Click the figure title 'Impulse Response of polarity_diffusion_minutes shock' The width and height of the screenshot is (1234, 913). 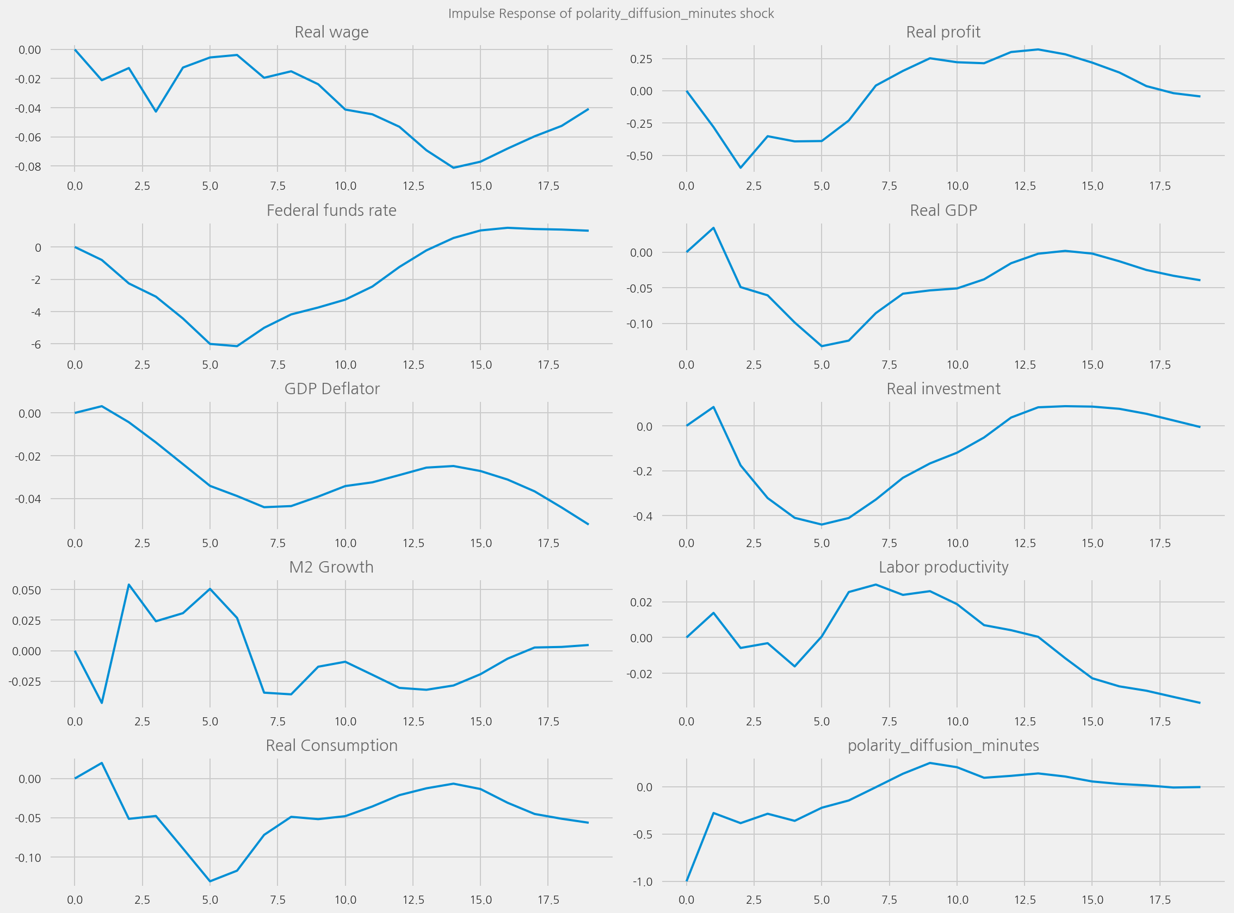click(611, 13)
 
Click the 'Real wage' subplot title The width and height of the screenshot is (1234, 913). click(331, 32)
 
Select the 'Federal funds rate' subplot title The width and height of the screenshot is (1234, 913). click(331, 210)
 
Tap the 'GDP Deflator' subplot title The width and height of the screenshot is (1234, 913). click(332, 389)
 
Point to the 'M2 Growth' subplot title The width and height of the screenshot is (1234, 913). click(331, 568)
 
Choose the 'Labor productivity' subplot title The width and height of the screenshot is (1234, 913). click(943, 568)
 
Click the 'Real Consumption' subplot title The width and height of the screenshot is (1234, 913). click(331, 746)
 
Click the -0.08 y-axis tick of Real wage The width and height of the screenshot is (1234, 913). click(28, 166)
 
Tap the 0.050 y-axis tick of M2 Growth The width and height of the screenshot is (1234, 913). click(27, 590)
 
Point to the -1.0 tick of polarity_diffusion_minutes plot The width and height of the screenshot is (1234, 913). click(641, 881)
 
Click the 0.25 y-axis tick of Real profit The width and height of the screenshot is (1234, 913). click(641, 59)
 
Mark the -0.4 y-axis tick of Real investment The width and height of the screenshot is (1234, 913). click(641, 516)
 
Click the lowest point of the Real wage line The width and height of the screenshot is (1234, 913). click(453, 167)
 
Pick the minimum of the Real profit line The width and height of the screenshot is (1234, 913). click(741, 167)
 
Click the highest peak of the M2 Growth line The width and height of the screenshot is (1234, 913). click(129, 584)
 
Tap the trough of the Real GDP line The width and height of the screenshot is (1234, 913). click(822, 346)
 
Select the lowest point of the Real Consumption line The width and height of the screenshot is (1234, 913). click(210, 881)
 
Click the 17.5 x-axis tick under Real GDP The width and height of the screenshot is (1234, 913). click(1160, 365)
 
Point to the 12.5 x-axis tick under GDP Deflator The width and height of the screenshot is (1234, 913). click(412, 543)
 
